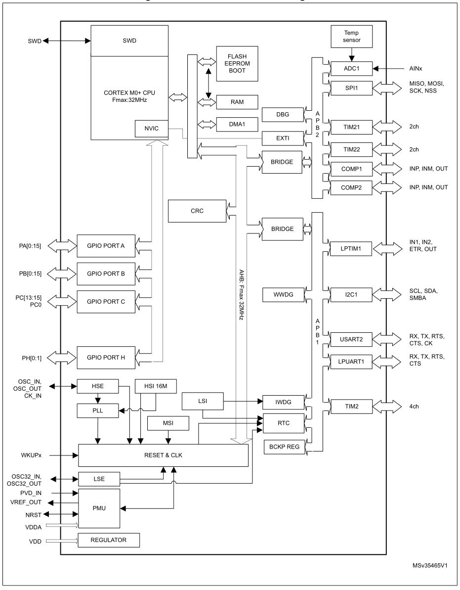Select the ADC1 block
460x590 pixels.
click(x=351, y=68)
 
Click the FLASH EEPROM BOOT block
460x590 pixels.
click(x=237, y=64)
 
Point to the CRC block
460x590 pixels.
click(x=197, y=211)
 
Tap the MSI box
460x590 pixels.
click(x=168, y=424)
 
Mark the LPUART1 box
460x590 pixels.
click(x=351, y=362)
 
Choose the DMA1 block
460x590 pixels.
click(x=237, y=124)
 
